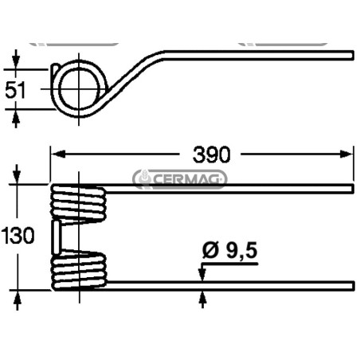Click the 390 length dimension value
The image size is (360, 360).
(x=211, y=155)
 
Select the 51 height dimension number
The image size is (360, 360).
(x=15, y=90)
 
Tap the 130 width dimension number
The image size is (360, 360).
(x=18, y=235)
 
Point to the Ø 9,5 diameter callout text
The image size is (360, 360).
(x=230, y=250)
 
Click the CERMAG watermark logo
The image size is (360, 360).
(x=180, y=179)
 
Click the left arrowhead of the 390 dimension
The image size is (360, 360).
(x=58, y=154)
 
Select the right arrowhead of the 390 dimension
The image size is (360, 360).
(x=346, y=154)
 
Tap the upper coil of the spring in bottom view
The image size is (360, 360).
(x=79, y=204)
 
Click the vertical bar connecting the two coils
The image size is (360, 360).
(x=57, y=237)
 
